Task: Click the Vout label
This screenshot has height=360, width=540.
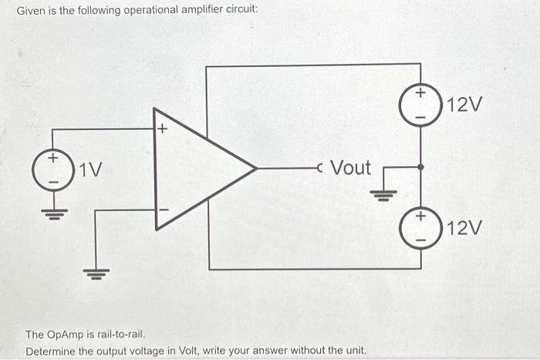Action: click(349, 167)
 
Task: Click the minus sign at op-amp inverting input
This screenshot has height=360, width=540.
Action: click(162, 209)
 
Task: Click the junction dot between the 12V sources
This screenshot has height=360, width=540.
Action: click(420, 167)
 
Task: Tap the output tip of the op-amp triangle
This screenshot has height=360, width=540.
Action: click(255, 167)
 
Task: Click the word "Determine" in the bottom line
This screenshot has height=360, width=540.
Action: click(52, 351)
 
